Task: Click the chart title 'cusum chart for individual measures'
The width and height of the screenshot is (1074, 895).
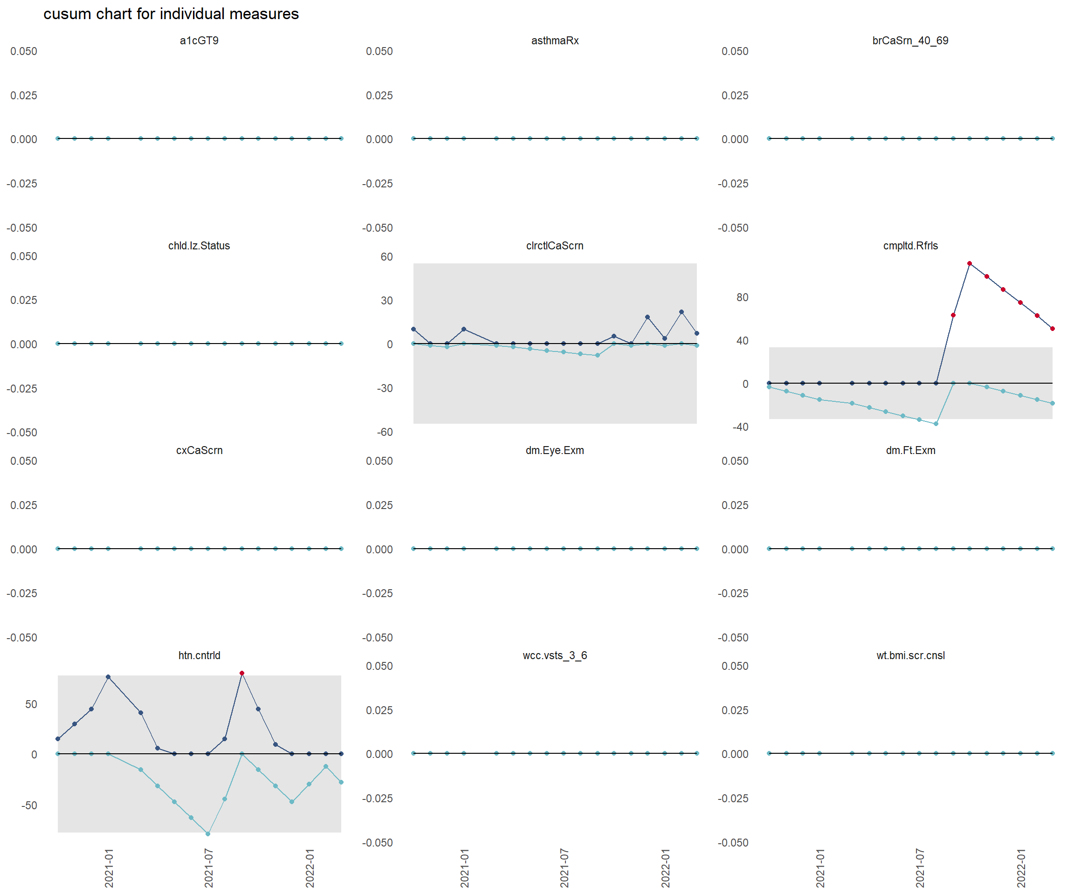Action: click(x=171, y=14)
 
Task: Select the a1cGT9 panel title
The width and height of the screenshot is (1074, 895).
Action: click(x=199, y=41)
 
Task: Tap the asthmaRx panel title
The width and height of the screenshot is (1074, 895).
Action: click(x=554, y=41)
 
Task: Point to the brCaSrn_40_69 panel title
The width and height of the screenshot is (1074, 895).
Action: click(x=910, y=41)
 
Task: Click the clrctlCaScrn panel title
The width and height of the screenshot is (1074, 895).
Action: click(x=554, y=246)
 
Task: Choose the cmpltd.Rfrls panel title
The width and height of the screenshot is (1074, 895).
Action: click(x=910, y=246)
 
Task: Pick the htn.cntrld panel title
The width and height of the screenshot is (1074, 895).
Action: click(x=199, y=655)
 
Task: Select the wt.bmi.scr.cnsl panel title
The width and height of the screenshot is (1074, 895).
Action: click(x=910, y=655)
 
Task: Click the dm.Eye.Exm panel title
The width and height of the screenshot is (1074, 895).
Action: click(x=554, y=450)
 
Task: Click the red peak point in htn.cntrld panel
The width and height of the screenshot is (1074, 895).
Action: click(x=242, y=673)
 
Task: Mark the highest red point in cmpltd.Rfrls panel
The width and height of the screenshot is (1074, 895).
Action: click(x=969, y=263)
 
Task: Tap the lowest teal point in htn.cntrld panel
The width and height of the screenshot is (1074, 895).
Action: click(x=207, y=833)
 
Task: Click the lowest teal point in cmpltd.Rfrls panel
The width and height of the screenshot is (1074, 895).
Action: click(x=936, y=423)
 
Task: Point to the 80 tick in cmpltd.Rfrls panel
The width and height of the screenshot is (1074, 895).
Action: click(x=742, y=297)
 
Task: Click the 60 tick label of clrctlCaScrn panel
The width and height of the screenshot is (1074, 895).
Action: click(x=386, y=257)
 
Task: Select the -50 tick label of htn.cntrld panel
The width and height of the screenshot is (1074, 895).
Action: click(x=29, y=805)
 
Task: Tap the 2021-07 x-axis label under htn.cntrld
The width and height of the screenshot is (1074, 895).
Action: click(x=209, y=868)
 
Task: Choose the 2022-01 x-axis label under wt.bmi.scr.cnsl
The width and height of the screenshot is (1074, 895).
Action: click(x=1021, y=868)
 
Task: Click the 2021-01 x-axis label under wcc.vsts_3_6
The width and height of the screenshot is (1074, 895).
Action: click(x=464, y=868)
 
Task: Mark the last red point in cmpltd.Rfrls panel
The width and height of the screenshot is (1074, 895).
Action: click(x=1052, y=328)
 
